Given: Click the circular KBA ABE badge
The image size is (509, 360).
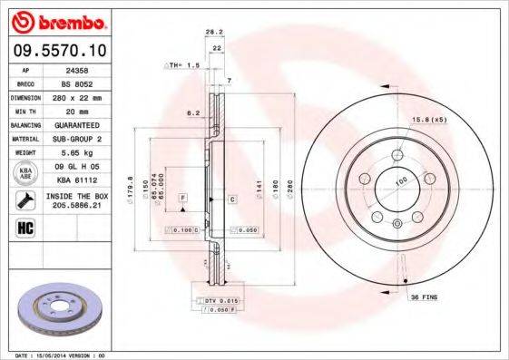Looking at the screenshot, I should (26, 172).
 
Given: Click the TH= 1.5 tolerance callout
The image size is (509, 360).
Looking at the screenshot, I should (181, 66).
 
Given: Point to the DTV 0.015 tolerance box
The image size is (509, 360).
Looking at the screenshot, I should (216, 300).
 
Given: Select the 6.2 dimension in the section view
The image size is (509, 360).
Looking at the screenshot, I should (191, 113).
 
